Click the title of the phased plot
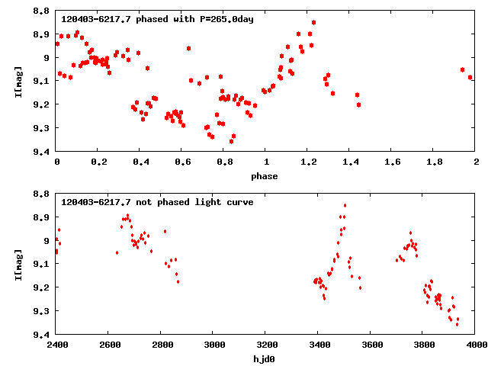[157, 19]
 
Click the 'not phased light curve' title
[157, 202]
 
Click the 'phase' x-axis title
[265, 176]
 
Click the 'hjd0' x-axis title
[265, 358]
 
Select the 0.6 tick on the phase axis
[181, 162]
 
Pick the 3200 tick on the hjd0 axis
[266, 345]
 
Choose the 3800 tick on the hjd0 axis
[423, 345]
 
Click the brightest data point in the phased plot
[313, 23]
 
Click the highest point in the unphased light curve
[345, 205]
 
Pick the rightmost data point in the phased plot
[470, 77]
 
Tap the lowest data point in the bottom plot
[457, 324]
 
